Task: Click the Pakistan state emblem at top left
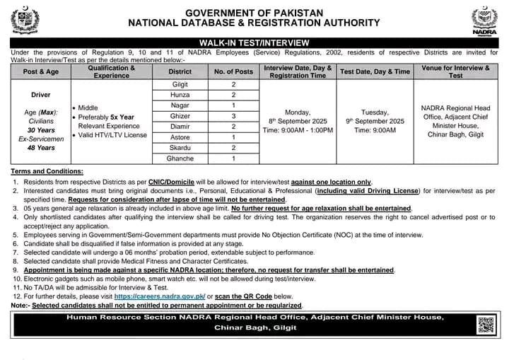point(25,21)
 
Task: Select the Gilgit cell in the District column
point(180,84)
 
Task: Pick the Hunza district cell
point(180,95)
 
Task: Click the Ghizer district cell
point(180,116)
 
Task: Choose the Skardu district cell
point(180,148)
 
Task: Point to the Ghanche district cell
point(180,159)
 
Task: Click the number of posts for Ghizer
point(233,116)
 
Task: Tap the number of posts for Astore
point(233,137)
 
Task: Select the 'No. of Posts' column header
point(233,71)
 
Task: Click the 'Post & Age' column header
point(40,71)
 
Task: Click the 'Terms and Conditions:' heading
point(47,172)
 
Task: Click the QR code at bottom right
point(485,325)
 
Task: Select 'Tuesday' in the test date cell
point(375,111)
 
